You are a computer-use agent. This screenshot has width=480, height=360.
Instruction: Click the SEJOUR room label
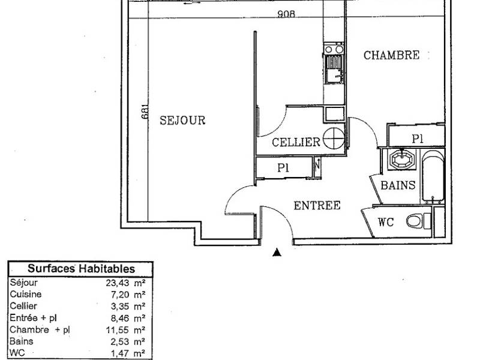click(x=182, y=121)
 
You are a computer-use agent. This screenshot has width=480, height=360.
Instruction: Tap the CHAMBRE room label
click(x=392, y=55)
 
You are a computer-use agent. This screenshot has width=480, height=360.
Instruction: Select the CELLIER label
click(x=296, y=142)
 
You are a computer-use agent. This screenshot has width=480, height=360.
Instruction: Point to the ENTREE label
click(x=317, y=205)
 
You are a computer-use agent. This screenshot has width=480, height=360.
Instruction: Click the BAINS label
click(x=398, y=185)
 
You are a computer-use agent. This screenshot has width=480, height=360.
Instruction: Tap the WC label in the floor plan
click(x=386, y=222)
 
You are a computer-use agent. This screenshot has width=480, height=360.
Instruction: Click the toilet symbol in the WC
click(x=419, y=221)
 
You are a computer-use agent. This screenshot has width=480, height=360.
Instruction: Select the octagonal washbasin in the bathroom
click(x=401, y=159)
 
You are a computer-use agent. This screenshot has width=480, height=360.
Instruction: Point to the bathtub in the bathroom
click(x=433, y=176)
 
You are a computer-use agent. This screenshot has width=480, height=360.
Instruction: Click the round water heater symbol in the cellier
click(x=334, y=139)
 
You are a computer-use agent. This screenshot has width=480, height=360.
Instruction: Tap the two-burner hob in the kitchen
click(x=334, y=49)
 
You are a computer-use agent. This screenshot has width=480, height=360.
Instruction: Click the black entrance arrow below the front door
click(x=277, y=252)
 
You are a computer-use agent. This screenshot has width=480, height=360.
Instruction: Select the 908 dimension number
click(x=286, y=14)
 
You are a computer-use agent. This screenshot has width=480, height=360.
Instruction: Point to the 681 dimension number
click(x=145, y=112)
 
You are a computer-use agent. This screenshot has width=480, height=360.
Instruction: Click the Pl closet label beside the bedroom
click(x=417, y=139)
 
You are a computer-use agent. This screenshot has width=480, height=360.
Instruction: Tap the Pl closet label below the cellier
click(x=283, y=168)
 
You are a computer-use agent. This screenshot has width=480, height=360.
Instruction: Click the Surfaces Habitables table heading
click(x=81, y=269)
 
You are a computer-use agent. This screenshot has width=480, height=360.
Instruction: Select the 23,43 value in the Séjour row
click(x=118, y=283)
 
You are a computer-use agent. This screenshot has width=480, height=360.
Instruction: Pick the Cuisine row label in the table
click(x=26, y=294)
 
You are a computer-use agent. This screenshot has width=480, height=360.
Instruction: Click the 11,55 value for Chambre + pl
click(x=118, y=330)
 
